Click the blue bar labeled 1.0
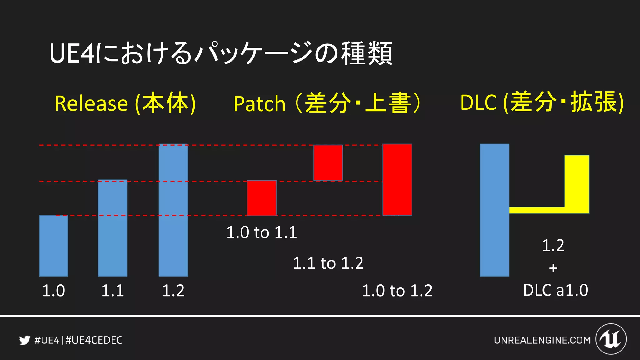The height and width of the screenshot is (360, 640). (x=53, y=246)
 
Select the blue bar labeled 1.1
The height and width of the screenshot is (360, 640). (x=112, y=228)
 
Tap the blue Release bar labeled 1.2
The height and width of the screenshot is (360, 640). (x=173, y=210)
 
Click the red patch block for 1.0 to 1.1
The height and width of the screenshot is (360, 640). (x=262, y=198)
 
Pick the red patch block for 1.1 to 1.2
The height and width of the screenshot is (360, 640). (x=328, y=162)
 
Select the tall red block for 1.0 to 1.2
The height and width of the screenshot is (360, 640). (x=397, y=180)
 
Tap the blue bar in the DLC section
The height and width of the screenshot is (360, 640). (x=494, y=210)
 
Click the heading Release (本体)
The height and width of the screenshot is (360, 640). (x=125, y=103)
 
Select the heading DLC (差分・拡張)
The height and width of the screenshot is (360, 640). (x=542, y=102)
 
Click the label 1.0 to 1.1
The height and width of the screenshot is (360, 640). (x=262, y=232)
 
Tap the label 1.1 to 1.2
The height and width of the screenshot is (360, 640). (x=328, y=263)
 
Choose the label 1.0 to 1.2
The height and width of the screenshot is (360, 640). (x=397, y=291)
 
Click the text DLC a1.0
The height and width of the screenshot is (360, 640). (x=556, y=290)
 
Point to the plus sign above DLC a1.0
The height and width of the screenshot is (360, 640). (x=553, y=268)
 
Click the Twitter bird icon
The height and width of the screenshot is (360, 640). (x=24, y=340)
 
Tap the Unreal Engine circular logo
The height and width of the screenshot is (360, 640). (x=611, y=339)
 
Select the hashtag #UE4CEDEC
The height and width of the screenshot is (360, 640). (x=94, y=340)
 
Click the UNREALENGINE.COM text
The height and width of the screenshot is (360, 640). (x=542, y=340)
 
